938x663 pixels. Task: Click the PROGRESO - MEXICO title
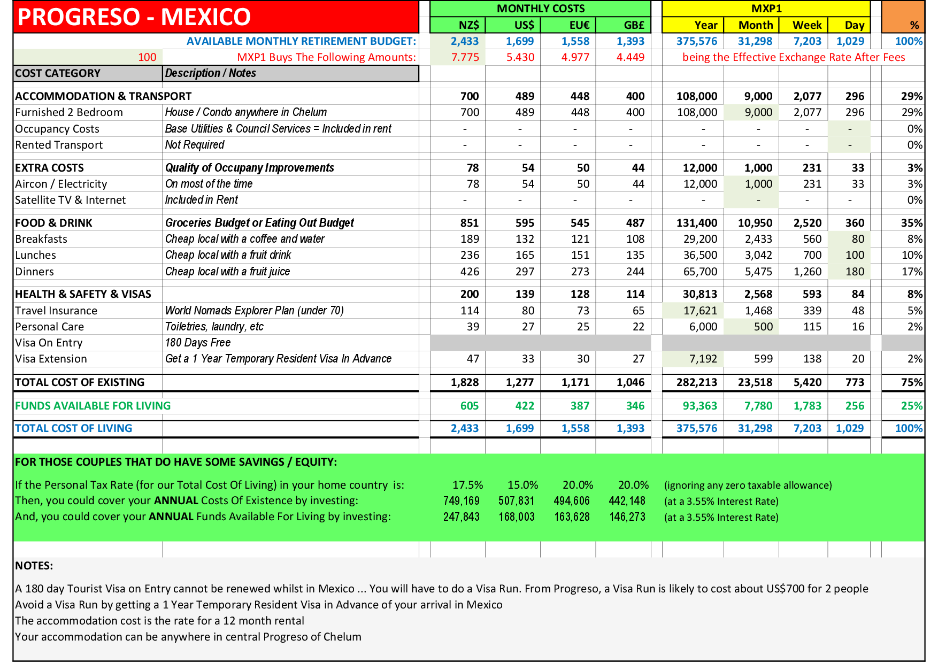point(134,17)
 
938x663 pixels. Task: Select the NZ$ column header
point(469,25)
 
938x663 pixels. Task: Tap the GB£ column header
point(634,25)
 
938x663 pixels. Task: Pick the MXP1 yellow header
point(766,9)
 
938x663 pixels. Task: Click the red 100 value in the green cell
point(147,57)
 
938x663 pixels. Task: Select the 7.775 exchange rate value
point(465,57)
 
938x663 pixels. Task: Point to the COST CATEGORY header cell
point(58,73)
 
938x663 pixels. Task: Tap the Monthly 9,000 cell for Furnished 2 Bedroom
point(758,112)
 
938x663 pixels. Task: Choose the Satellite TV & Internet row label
point(70,200)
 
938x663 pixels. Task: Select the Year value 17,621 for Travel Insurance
point(700,311)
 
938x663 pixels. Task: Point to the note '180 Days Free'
point(198,343)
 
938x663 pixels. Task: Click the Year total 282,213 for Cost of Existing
point(696,382)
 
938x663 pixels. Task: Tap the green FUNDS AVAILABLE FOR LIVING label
point(93,406)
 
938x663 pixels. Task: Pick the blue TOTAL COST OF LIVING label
point(73,428)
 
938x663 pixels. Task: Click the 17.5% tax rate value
point(467,485)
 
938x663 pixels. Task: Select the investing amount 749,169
point(461,501)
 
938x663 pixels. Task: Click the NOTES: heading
point(34,566)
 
